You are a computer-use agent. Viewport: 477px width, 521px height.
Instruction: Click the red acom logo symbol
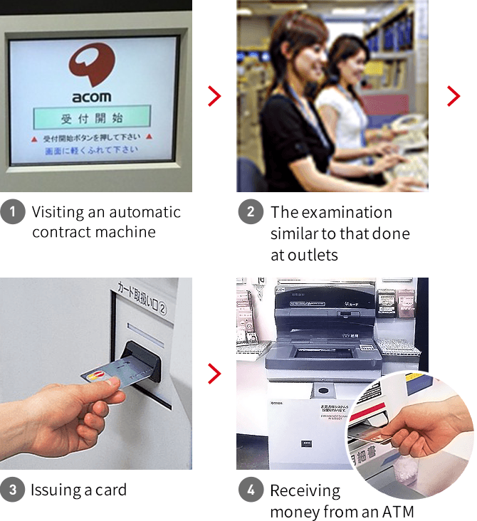[x=93, y=65]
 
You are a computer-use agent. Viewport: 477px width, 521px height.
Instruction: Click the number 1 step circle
[x=12, y=212]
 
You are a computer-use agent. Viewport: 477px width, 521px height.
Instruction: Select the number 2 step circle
[x=251, y=212]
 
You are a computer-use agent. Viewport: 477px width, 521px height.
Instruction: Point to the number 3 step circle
[x=12, y=490]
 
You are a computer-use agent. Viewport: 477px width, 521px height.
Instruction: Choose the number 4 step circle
[x=251, y=490]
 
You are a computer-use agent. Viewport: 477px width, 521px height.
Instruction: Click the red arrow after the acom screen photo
[x=214, y=96]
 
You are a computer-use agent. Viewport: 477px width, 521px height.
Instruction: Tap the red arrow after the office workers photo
[x=454, y=96]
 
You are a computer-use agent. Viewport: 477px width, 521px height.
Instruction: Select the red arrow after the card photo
[x=214, y=373]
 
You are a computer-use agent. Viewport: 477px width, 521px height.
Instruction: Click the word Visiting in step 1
[x=56, y=212]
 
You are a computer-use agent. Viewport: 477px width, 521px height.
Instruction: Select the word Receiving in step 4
[x=305, y=490]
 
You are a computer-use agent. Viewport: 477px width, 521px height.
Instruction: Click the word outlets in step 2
[x=314, y=255]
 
